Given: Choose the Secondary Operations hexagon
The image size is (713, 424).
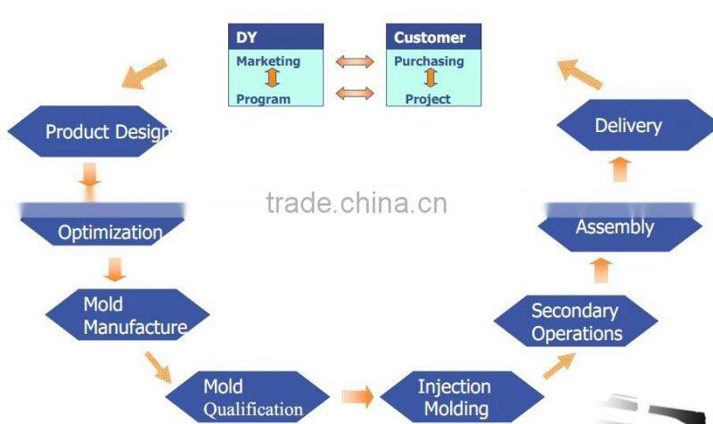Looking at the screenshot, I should (x=576, y=322).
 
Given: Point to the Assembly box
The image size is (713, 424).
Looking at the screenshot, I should (x=614, y=227).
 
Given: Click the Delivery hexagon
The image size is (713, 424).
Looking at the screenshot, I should (x=627, y=125).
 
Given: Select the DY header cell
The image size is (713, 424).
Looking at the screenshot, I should (x=276, y=37).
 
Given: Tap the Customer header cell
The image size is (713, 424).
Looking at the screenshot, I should (x=433, y=37).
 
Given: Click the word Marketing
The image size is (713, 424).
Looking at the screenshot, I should (x=268, y=62).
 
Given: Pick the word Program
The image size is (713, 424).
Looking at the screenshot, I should (x=263, y=99).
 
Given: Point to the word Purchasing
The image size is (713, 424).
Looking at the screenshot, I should (x=429, y=62).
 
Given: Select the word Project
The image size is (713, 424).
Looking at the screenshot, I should (x=428, y=99).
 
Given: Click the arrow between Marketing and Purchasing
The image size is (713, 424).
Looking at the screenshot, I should (x=355, y=62).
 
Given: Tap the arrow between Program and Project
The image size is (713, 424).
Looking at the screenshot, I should (x=355, y=93).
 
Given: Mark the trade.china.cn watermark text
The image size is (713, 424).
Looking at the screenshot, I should (x=356, y=204).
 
